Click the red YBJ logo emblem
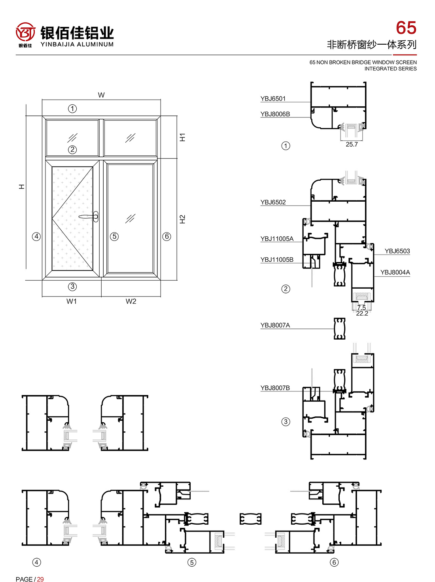click(x=25, y=32)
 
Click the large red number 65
click(x=406, y=28)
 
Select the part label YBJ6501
click(x=273, y=98)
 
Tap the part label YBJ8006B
click(x=275, y=114)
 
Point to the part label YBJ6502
click(x=273, y=202)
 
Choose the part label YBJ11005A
click(x=277, y=239)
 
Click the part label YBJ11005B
click(x=277, y=260)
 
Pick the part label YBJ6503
click(x=397, y=251)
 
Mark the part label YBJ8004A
click(x=395, y=272)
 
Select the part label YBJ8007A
click(x=275, y=325)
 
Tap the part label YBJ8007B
click(x=275, y=388)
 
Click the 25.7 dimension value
click(x=352, y=144)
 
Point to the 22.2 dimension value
click(x=362, y=314)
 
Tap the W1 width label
click(x=72, y=301)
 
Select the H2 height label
click(x=182, y=219)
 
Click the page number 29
click(x=40, y=577)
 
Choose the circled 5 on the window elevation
click(x=114, y=236)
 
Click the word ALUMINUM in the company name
click(x=95, y=44)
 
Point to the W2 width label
click(x=131, y=301)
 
